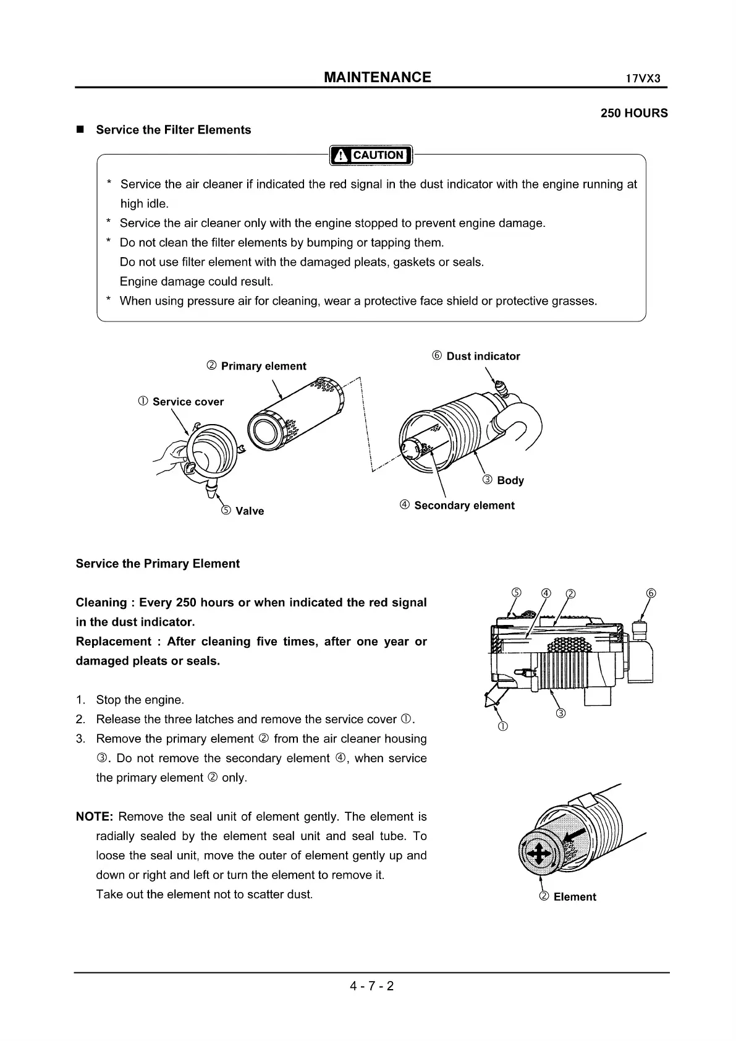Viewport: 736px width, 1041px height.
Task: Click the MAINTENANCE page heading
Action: point(378,77)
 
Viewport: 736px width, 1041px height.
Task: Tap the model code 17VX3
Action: point(643,79)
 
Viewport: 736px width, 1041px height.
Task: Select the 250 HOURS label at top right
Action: point(634,113)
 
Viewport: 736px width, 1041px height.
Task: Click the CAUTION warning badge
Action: point(371,155)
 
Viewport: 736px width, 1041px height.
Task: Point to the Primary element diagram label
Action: point(256,366)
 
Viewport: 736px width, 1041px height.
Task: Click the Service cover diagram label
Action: point(181,402)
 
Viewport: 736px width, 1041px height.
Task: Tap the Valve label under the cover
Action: point(242,511)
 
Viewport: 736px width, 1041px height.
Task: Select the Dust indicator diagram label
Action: point(476,356)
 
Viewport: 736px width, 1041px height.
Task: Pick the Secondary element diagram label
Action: point(457,506)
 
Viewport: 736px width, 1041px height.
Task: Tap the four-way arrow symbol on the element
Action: point(537,855)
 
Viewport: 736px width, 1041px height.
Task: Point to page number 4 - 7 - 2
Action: point(372,986)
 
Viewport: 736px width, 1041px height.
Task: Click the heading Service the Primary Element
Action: point(158,564)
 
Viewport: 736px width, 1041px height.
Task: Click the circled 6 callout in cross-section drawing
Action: point(651,593)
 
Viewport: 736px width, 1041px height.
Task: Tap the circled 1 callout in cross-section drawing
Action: point(503,726)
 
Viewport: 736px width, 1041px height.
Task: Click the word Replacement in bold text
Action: point(112,642)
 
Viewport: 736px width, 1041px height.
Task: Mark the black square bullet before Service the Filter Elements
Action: point(80,130)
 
